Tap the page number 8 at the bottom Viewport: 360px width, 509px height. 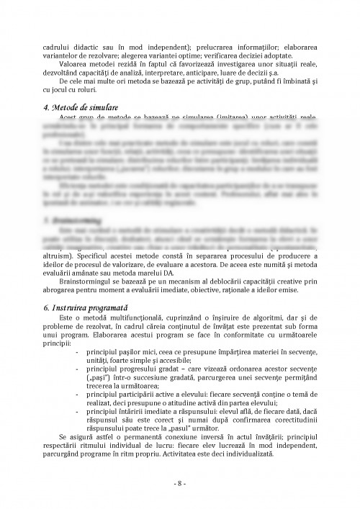[x=180, y=482]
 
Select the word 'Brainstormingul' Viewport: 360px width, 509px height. [x=85, y=285]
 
